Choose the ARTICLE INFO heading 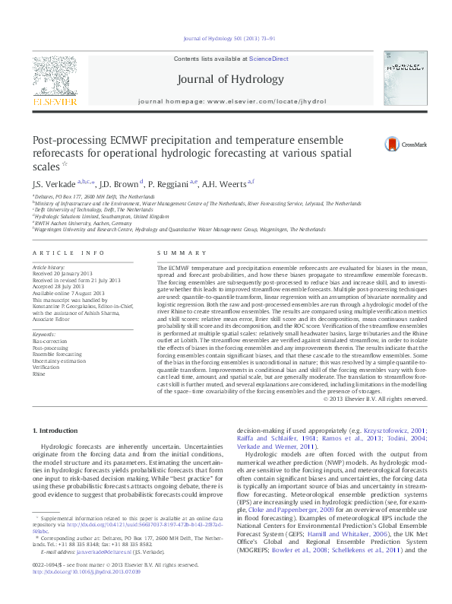coord(68,253)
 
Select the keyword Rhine coord(39,374)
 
